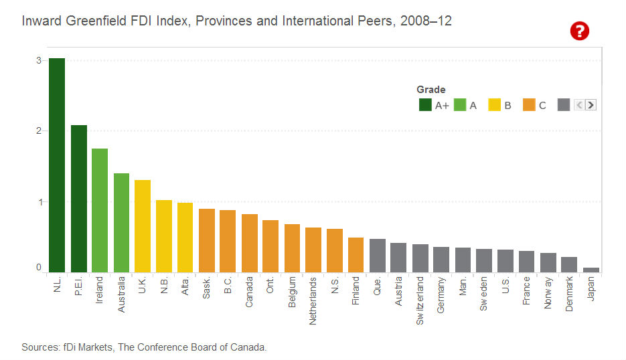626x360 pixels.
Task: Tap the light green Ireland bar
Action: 100,211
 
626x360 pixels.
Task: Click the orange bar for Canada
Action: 250,244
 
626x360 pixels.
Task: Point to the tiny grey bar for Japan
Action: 591,270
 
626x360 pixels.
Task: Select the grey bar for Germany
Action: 441,260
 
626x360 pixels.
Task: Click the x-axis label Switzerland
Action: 420,302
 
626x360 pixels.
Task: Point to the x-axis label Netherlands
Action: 313,301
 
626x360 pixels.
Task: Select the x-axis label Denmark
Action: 570,296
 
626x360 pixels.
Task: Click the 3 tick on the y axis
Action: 39,60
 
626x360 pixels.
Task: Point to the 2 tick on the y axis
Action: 39,130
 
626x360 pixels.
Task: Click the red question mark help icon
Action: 579,31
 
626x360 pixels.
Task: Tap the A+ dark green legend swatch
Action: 425,104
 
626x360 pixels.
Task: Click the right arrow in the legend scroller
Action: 591,104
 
